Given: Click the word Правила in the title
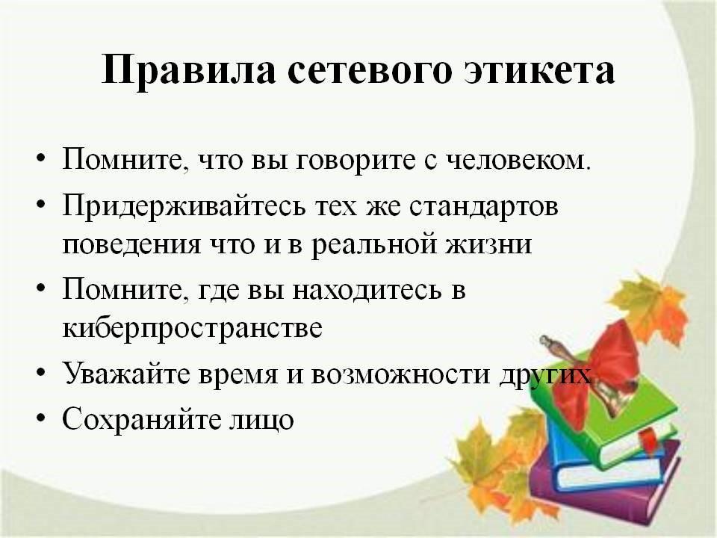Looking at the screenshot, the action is pos(188,70).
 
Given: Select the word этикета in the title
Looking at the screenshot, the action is pos(539,71).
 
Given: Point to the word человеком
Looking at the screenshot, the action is pos(518,160).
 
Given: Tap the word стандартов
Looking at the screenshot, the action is pos(484,207).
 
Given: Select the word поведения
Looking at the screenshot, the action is pos(131,244).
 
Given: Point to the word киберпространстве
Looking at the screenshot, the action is pos(193,328).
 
